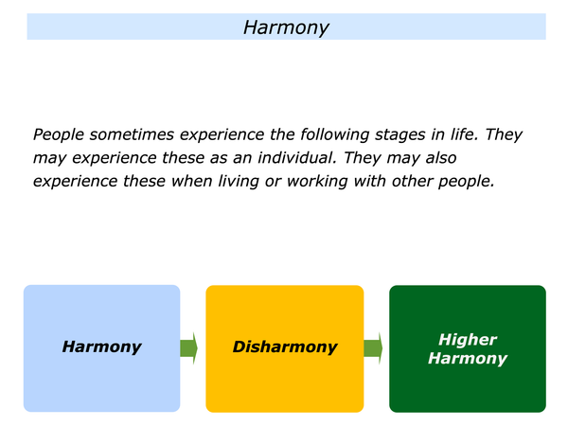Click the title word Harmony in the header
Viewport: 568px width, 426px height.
(x=286, y=27)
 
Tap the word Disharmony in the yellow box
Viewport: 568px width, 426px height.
(x=285, y=346)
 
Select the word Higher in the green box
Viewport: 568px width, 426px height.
(x=468, y=340)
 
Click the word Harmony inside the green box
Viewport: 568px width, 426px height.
(x=468, y=358)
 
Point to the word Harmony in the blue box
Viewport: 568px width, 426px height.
(x=101, y=346)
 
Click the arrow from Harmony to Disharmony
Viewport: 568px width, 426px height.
(x=188, y=348)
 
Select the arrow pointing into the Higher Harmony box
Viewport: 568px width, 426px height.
(x=373, y=348)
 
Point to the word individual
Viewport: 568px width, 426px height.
(x=297, y=158)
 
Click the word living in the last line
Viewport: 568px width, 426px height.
(x=239, y=182)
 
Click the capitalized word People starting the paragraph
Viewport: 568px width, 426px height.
(x=59, y=135)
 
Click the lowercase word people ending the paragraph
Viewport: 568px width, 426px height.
(x=466, y=182)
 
